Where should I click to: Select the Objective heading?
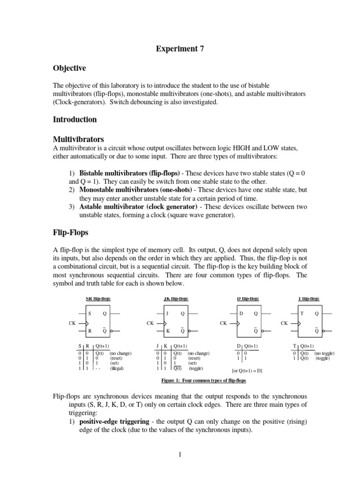[70, 68]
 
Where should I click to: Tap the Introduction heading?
[75, 120]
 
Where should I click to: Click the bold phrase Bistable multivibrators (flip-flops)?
[129, 173]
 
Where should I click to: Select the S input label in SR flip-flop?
[90, 313]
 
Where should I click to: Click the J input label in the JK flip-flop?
[167, 313]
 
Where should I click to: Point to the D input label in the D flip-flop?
[241, 313]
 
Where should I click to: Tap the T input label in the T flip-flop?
[302, 313]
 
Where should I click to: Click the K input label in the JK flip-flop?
[167, 330]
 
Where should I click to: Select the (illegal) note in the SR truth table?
[117, 368]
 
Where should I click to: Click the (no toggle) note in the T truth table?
[324, 353]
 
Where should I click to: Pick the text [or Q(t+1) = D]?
[247, 371]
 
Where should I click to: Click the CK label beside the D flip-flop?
[224, 323]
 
